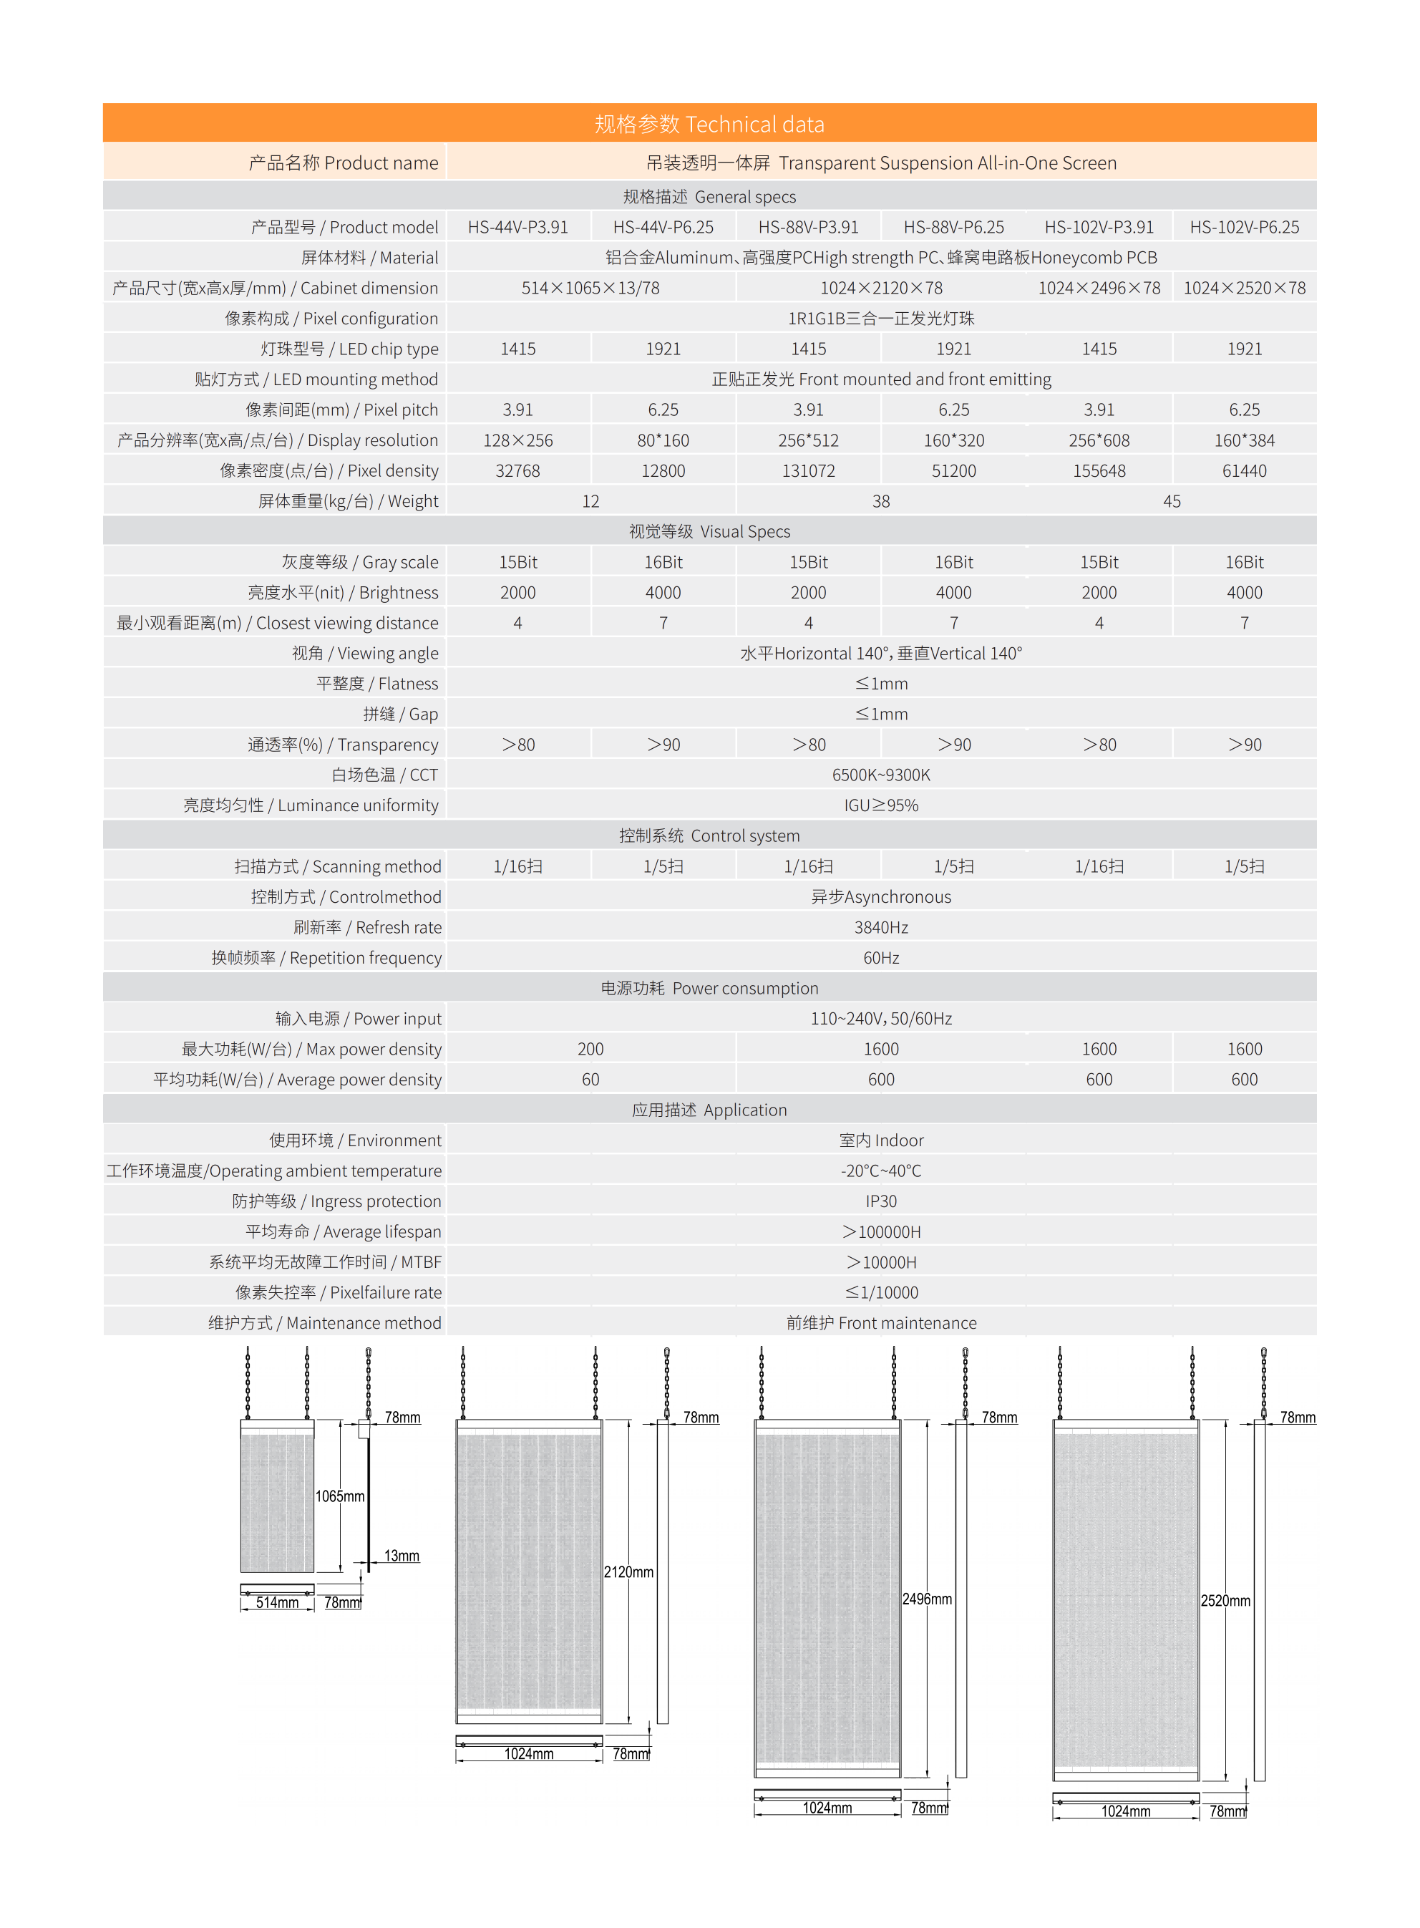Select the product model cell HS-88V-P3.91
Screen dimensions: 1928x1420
(808, 227)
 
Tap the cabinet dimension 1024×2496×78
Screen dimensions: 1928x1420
(1099, 288)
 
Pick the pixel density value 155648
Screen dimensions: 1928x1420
(1099, 471)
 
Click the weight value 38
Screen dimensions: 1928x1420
(881, 501)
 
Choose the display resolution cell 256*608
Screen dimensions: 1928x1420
(1099, 440)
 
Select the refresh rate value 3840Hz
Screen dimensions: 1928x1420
(881, 926)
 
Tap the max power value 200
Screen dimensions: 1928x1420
(590, 1049)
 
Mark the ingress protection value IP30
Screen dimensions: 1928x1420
(881, 1201)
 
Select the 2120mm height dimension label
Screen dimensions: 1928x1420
(628, 1572)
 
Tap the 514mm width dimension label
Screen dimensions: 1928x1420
(277, 1602)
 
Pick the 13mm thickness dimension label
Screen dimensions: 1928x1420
(402, 1556)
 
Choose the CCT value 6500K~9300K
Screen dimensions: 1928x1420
(881, 775)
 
